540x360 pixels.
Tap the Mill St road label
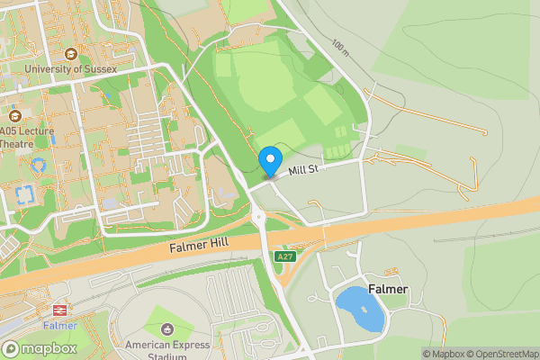(x=305, y=169)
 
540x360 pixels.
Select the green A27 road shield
(x=285, y=256)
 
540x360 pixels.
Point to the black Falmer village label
(x=388, y=289)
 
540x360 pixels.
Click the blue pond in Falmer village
(x=360, y=309)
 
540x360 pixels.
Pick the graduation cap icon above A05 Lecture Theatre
(x=14, y=115)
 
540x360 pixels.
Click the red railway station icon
(x=59, y=310)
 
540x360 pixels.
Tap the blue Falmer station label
(x=59, y=326)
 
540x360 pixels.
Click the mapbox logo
(x=41, y=348)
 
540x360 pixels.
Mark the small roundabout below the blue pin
(x=258, y=215)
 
